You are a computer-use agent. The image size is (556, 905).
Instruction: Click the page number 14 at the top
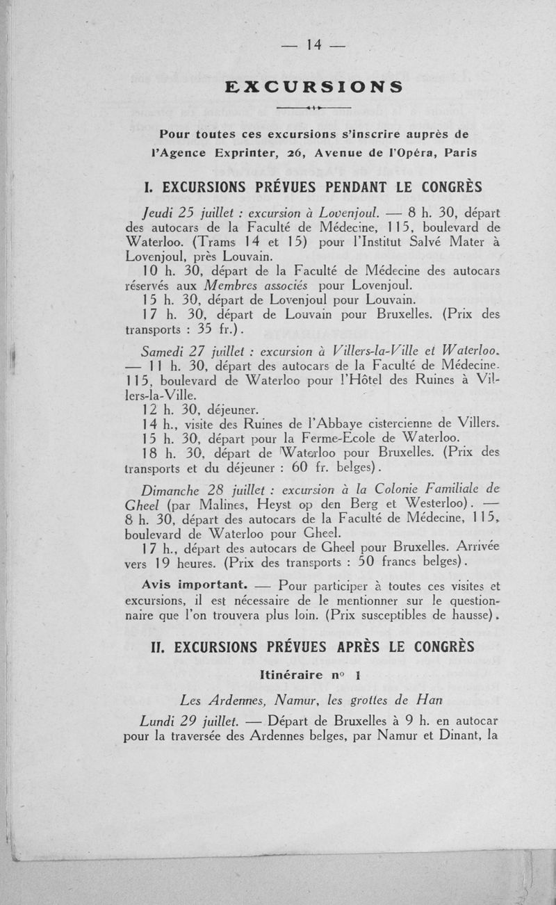(312, 44)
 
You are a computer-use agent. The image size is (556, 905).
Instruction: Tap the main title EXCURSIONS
(314, 87)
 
